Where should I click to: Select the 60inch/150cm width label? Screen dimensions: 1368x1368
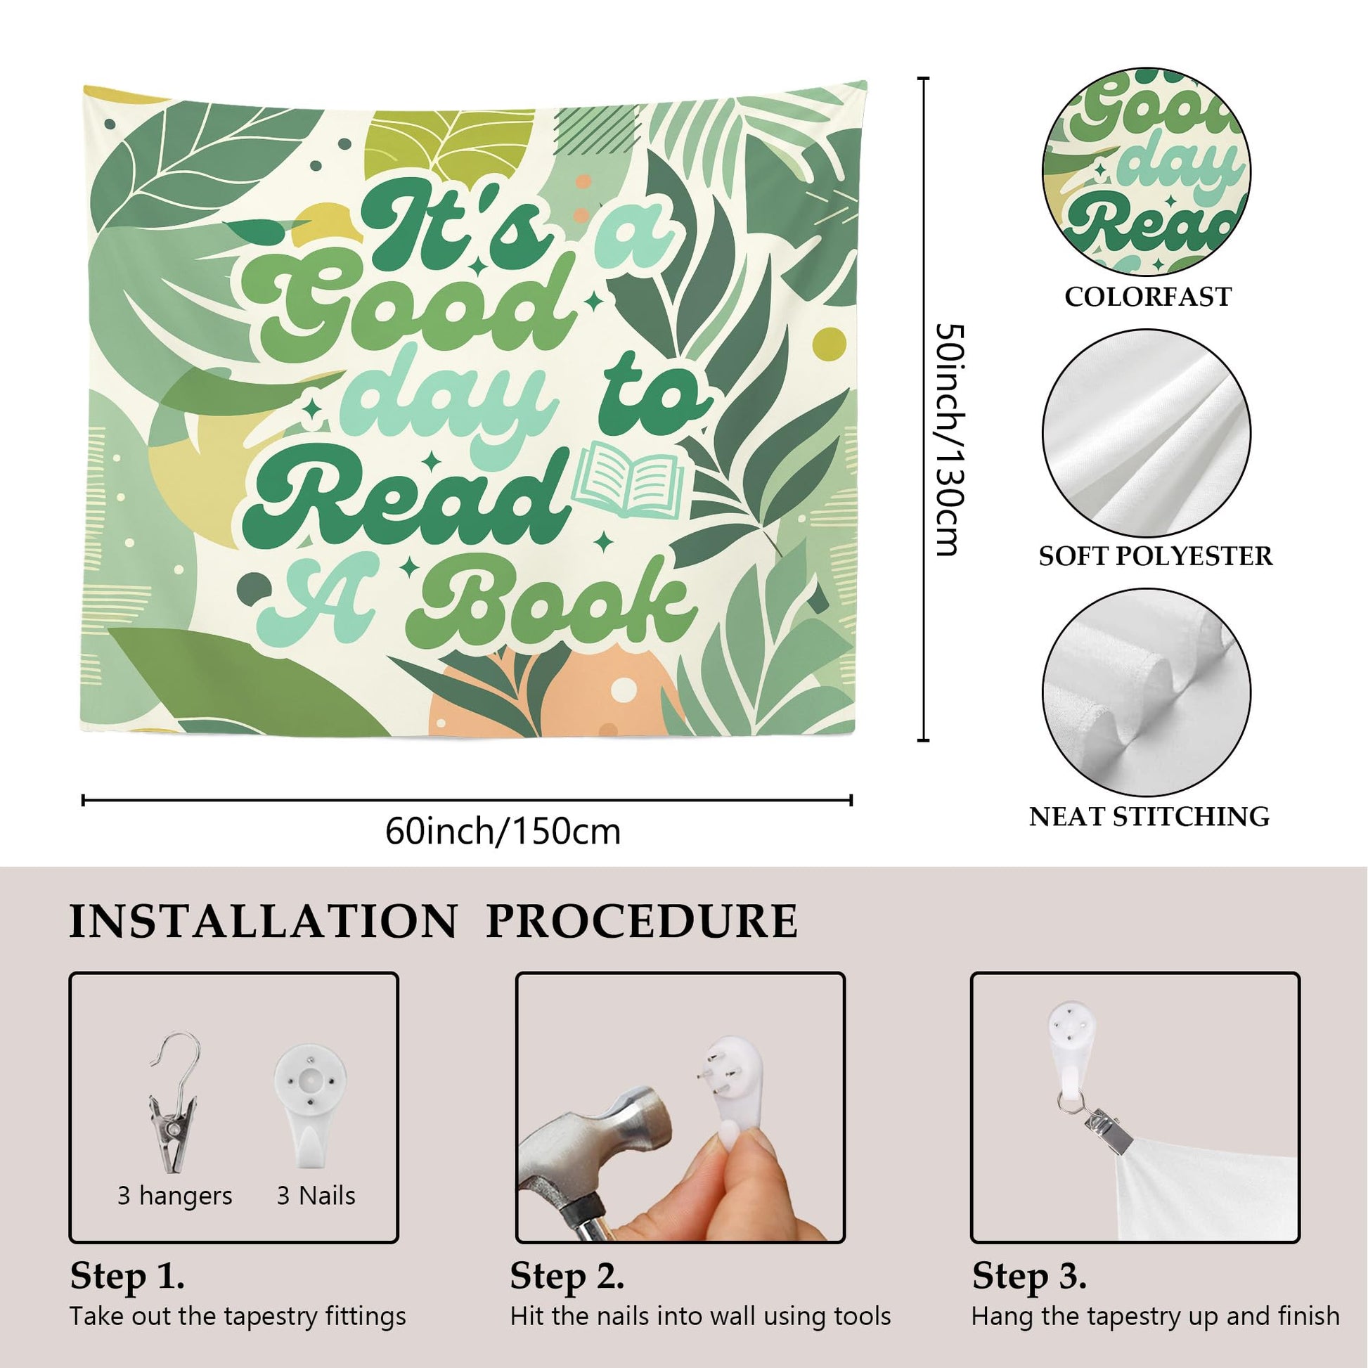tap(503, 832)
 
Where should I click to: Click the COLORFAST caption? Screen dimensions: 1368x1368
tap(1148, 297)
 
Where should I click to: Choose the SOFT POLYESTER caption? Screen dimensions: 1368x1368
tap(1156, 556)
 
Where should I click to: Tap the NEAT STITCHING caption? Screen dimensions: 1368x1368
tap(1149, 816)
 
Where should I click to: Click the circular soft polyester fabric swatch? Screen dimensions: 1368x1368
tap(1147, 432)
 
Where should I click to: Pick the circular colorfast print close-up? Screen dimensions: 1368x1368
tap(1147, 172)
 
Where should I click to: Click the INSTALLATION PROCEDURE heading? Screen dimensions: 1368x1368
tap(433, 922)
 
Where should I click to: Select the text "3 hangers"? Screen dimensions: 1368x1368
tap(175, 1196)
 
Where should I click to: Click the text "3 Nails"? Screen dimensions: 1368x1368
tap(316, 1196)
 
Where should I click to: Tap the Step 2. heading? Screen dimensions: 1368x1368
tap(567, 1276)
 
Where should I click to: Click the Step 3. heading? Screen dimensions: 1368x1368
tap(1030, 1276)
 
